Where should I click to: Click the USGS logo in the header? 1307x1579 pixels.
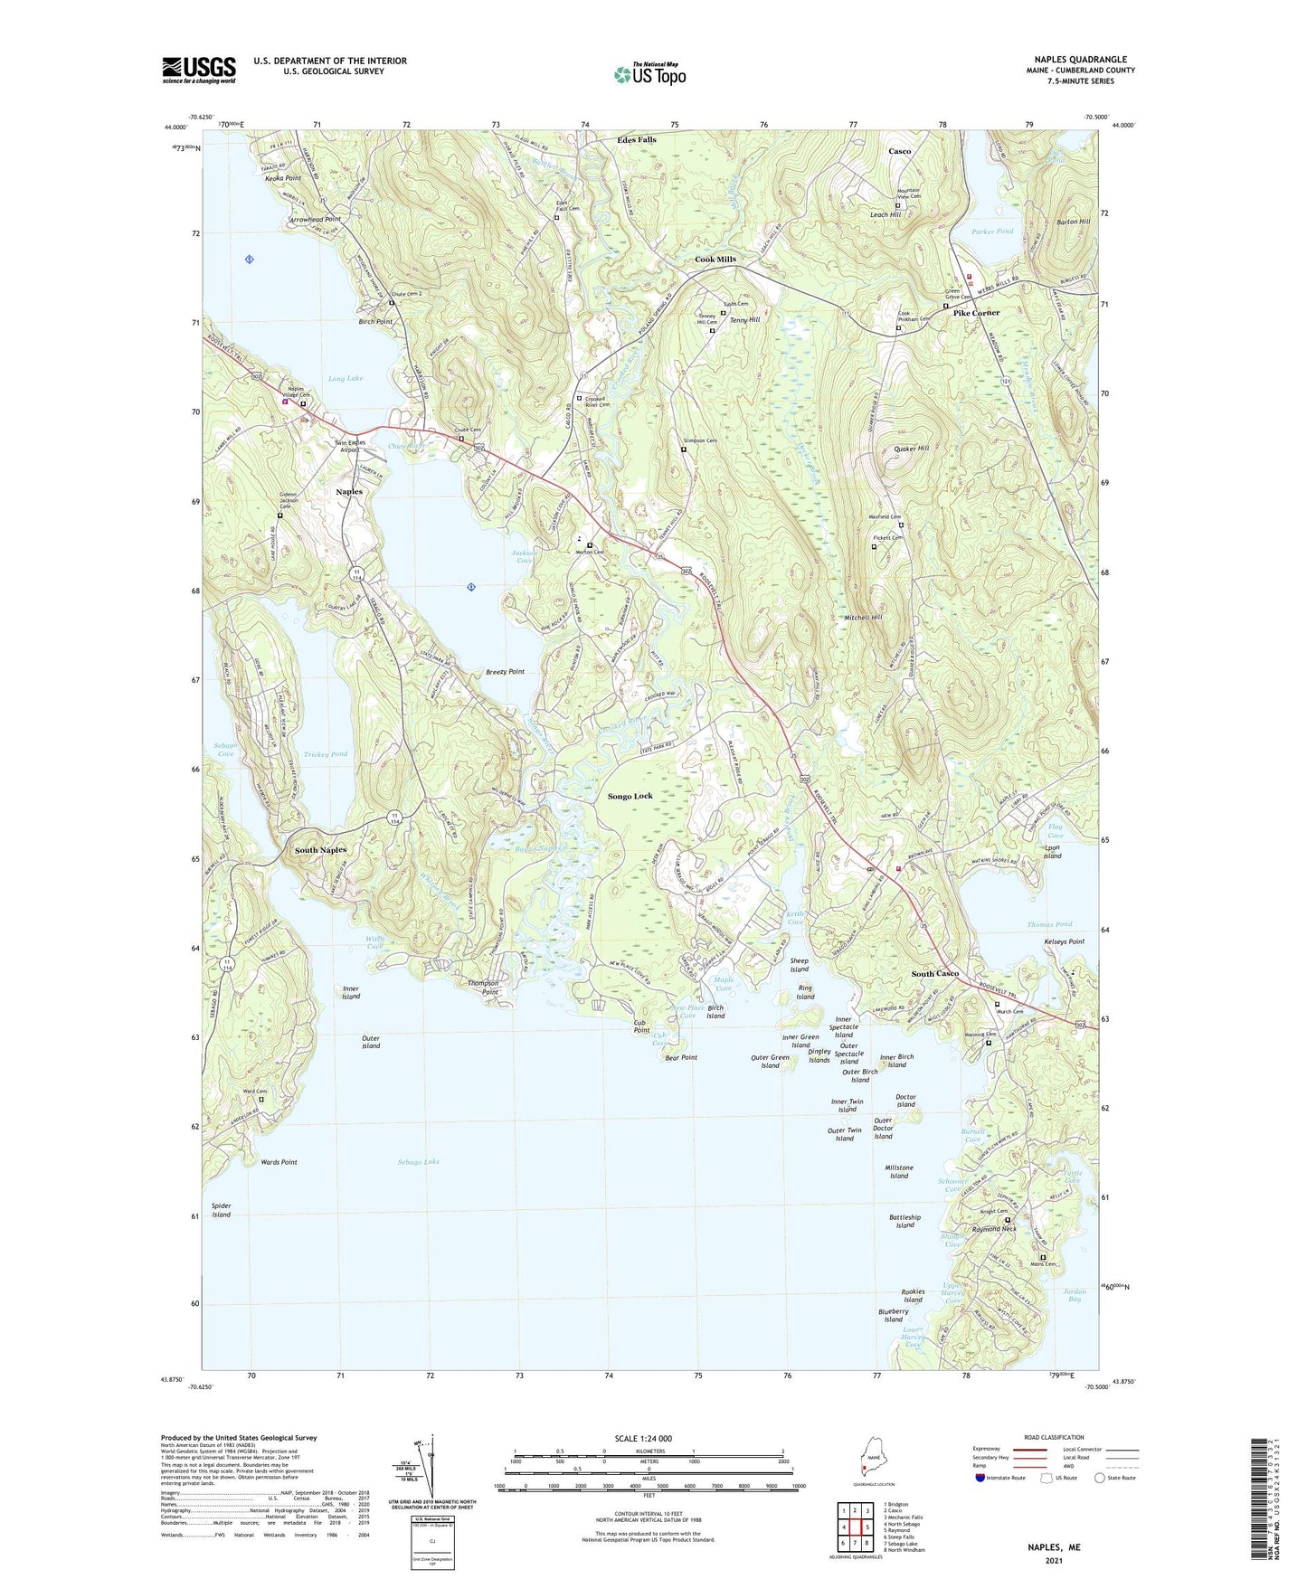[199, 70]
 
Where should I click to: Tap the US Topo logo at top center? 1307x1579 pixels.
[648, 73]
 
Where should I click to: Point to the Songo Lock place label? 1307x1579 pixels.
[630, 796]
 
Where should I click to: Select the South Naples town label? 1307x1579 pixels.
[320, 851]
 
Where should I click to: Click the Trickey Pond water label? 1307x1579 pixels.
[326, 754]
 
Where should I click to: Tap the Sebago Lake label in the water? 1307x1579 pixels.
[418, 1161]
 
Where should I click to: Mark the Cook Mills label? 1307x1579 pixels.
[715, 260]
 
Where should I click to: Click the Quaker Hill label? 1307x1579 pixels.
[911, 449]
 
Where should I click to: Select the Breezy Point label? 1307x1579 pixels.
[505, 672]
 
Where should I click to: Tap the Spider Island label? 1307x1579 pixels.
[222, 1210]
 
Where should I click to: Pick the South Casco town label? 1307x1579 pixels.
[934, 974]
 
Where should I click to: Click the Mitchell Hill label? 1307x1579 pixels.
[863, 618]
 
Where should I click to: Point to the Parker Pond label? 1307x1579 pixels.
[992, 232]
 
